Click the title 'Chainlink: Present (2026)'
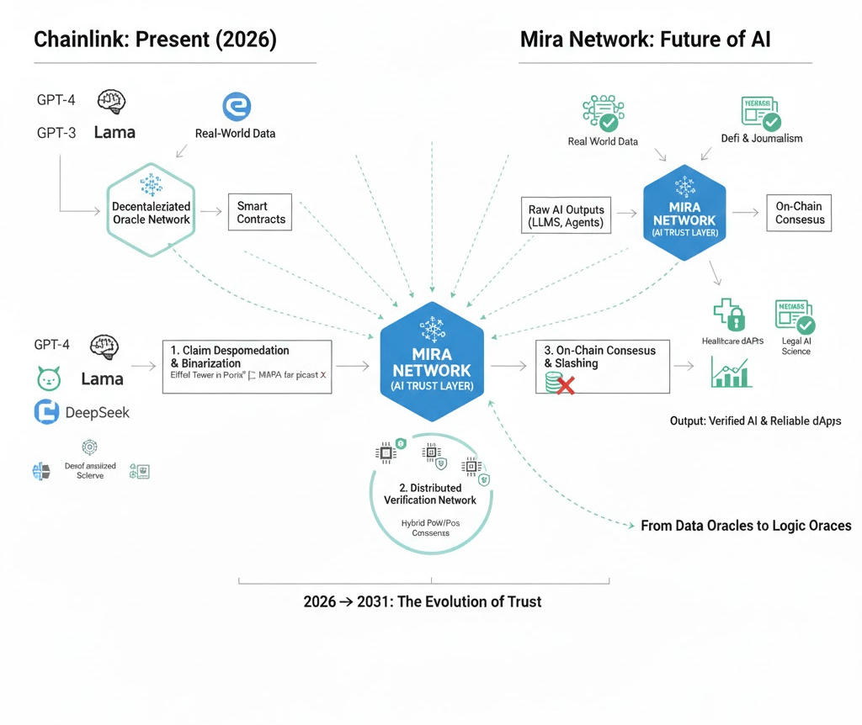click(x=154, y=40)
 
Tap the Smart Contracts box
click(x=260, y=213)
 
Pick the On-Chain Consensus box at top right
click(x=799, y=213)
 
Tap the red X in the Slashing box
click(x=565, y=386)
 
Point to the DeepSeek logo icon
click(x=46, y=412)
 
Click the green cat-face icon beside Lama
click(x=50, y=379)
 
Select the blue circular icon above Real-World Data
click(x=237, y=107)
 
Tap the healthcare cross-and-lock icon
click(x=729, y=315)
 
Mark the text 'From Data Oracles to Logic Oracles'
click(x=746, y=526)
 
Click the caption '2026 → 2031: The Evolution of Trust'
click(x=422, y=601)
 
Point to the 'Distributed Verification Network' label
click(x=429, y=494)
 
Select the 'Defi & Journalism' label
click(x=761, y=138)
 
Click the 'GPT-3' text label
click(x=56, y=132)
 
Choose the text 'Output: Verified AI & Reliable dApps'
click(x=755, y=420)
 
